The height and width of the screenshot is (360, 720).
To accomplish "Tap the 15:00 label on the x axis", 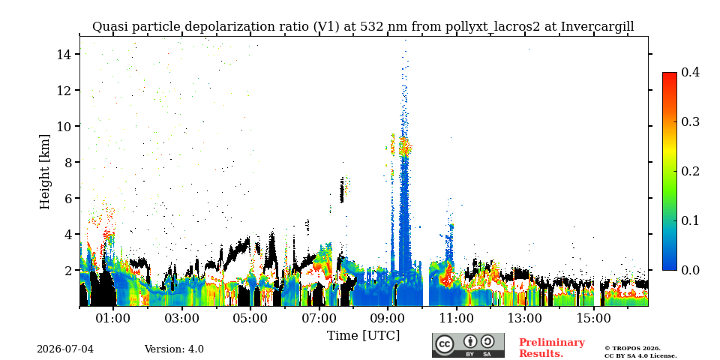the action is pos(593,319).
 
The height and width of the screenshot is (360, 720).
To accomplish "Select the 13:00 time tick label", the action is pos(525,319).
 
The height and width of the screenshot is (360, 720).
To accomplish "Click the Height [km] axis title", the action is pos(44,172).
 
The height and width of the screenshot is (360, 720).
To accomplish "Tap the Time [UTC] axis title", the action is pos(363,336).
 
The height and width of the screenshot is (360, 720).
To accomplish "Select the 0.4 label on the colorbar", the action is pos(691,72).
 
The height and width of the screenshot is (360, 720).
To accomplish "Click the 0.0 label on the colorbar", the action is pos(691,270).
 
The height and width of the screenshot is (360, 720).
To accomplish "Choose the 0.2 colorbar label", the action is pos(691,171).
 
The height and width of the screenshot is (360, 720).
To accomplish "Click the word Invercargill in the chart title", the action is pos(598,27).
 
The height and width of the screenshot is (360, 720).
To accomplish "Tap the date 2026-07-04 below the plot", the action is pos(65,349).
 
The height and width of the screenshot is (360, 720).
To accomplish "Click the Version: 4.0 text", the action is pos(174,349).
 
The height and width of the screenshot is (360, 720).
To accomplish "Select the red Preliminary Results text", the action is pos(552,348).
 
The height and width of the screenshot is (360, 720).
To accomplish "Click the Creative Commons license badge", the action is pos(468,345).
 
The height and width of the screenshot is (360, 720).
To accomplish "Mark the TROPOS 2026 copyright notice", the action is pos(640,352).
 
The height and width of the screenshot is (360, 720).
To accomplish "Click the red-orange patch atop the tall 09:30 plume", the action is pos(404,147).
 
